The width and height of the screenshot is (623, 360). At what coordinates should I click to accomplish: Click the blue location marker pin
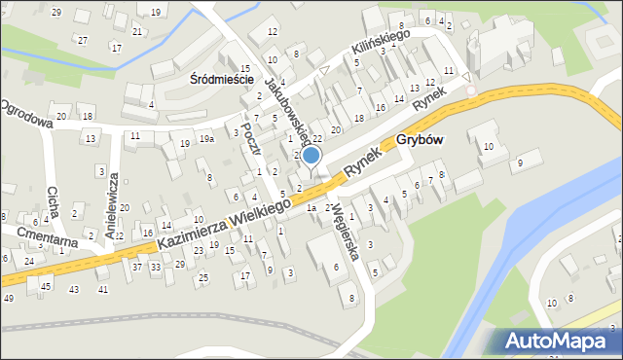coord(311,156)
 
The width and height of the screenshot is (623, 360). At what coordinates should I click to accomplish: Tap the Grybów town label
coord(421,139)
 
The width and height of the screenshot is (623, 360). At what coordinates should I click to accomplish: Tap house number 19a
coord(206,139)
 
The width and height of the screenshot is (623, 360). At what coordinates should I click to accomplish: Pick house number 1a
coord(311,207)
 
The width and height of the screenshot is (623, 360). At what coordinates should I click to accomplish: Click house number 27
coord(83,40)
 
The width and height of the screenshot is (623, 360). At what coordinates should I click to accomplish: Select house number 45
coord(46,285)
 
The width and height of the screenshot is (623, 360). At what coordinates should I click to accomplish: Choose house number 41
coord(102,289)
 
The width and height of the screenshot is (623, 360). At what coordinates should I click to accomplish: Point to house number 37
coord(137,266)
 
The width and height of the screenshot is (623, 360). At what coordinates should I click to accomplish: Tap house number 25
coord(202,278)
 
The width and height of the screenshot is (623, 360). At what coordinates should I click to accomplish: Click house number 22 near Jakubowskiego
coord(317,139)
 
